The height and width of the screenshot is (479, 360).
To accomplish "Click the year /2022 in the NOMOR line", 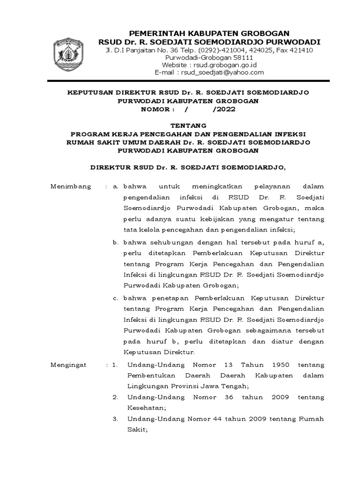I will coord(224,109).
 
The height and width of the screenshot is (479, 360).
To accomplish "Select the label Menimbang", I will coord(70,187).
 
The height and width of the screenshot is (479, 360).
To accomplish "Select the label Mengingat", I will coord(69,364).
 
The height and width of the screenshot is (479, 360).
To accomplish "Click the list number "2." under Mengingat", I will coord(115,397).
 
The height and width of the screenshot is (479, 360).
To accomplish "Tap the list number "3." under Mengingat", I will coord(115,418).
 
